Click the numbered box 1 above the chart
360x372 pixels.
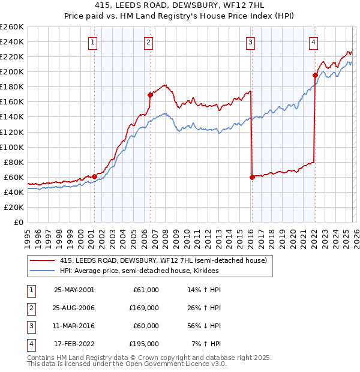pyautogui.click(x=94, y=42)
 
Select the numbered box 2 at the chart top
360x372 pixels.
pyautogui.click(x=148, y=42)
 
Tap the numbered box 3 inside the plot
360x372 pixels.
pyautogui.click(x=250, y=42)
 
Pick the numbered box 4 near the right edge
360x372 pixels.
pyautogui.click(x=313, y=42)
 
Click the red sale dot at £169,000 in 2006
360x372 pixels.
pyautogui.click(x=150, y=95)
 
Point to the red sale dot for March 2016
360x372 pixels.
pyautogui.click(x=251, y=177)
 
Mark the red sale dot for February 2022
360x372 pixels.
pyautogui.click(x=315, y=75)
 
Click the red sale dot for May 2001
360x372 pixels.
pyautogui.click(x=94, y=176)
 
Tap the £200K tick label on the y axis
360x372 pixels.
pyautogui.click(x=12, y=71)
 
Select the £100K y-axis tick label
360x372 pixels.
pyautogui.click(x=12, y=147)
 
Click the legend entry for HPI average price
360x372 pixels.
pyautogui.click(x=139, y=271)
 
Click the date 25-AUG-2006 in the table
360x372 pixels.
pyautogui.click(x=74, y=307)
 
